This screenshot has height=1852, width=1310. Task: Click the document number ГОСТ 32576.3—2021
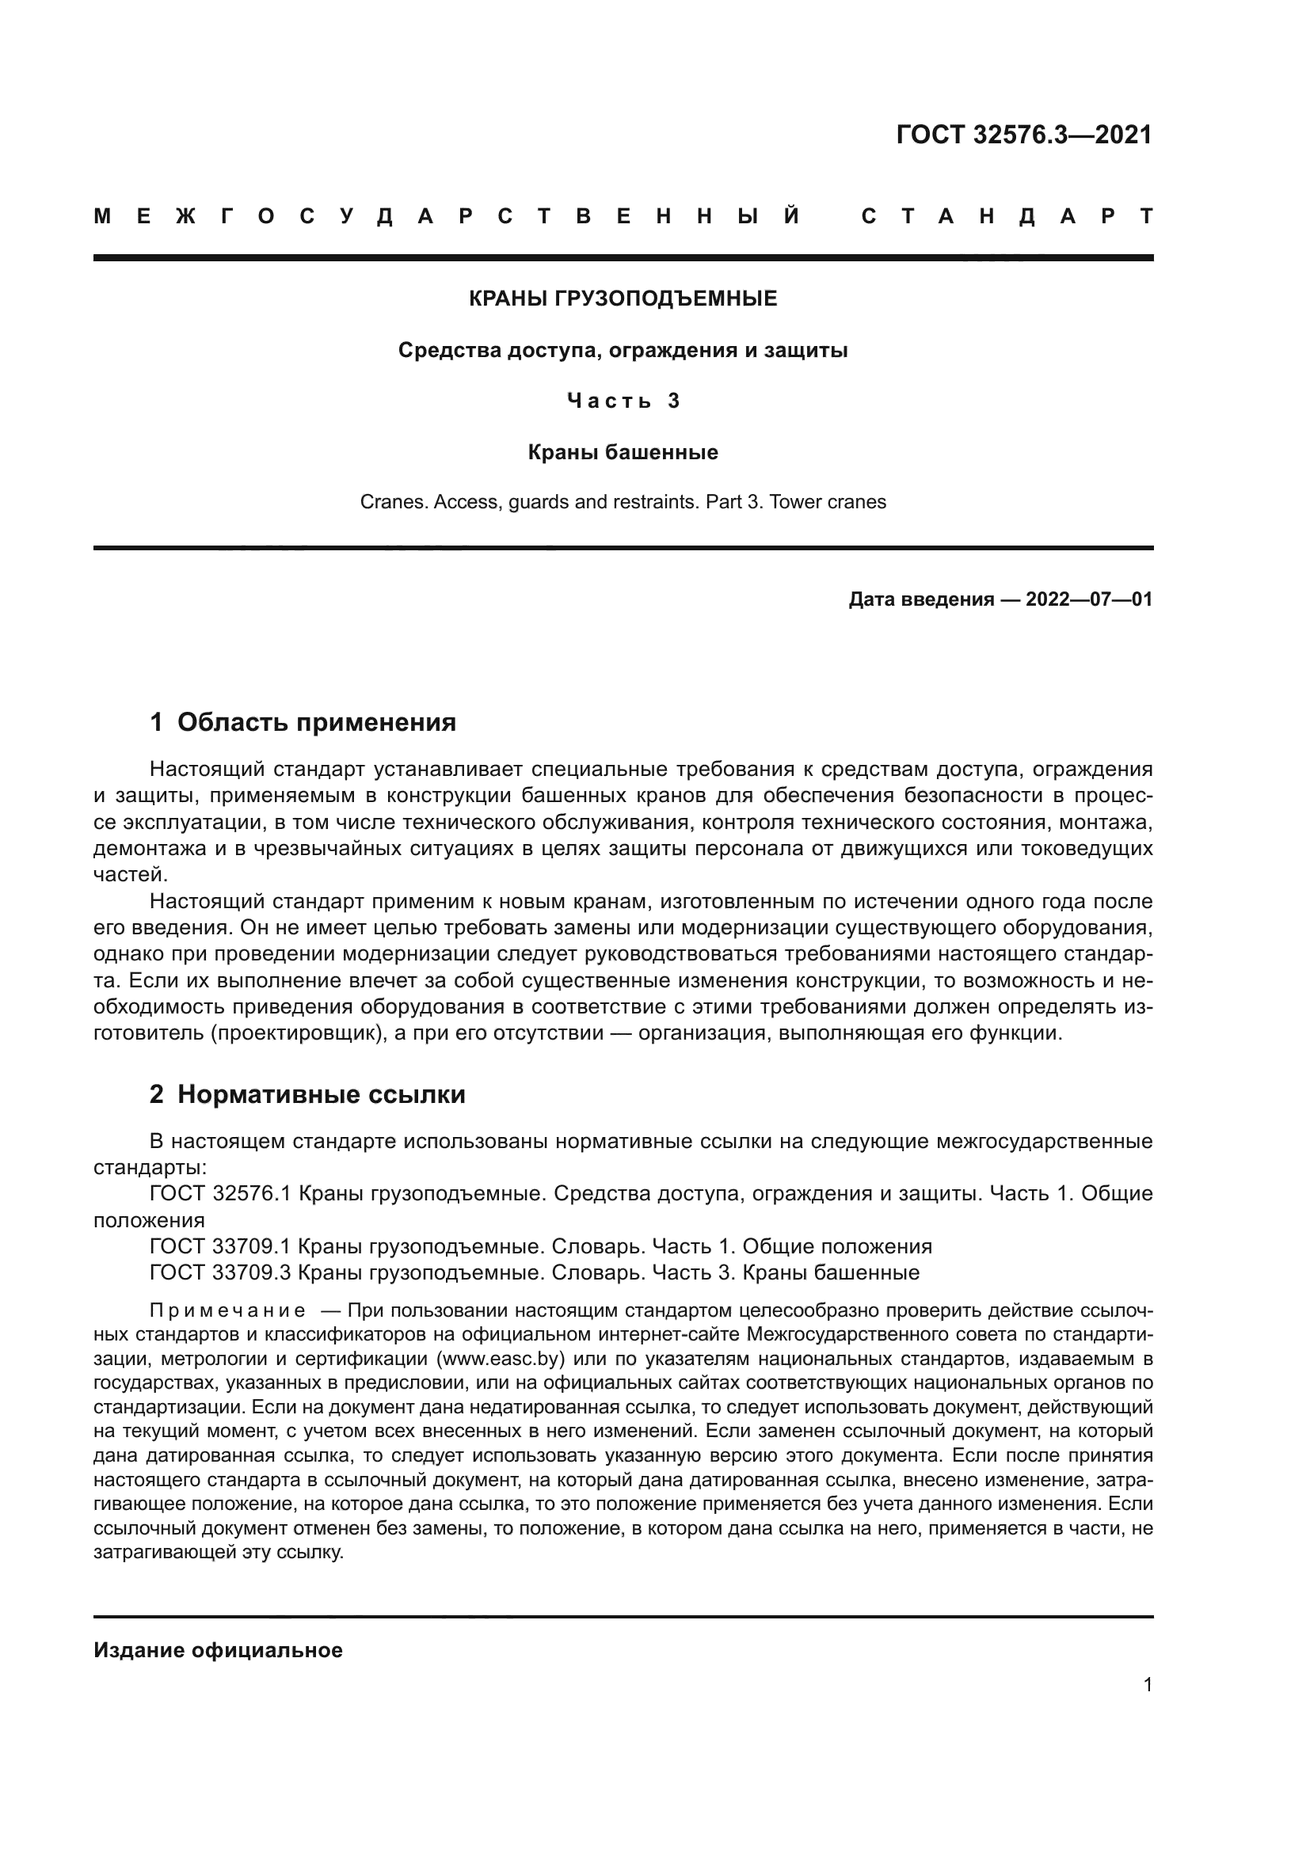point(1023,135)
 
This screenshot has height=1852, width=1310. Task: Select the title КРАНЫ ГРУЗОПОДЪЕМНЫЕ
point(623,299)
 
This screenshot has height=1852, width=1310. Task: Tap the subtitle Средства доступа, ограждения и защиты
point(623,351)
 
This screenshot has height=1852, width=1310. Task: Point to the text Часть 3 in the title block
point(623,401)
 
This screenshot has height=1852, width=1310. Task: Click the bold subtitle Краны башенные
point(623,453)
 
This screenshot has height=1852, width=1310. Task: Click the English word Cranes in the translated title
point(393,503)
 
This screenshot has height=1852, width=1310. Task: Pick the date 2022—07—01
point(1089,599)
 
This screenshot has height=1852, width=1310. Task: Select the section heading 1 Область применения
point(303,722)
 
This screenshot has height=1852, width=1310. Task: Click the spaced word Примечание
point(228,1310)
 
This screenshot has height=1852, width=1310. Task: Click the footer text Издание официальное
point(218,1650)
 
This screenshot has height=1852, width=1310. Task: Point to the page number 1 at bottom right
point(1148,1684)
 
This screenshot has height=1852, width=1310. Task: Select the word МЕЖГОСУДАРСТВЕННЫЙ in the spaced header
point(447,216)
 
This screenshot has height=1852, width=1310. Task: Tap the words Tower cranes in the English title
point(828,503)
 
